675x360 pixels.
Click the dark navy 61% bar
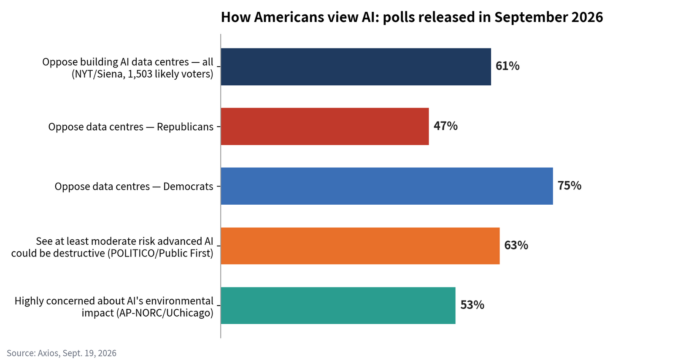point(356,67)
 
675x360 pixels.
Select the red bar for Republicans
point(325,126)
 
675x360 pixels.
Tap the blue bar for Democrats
point(387,186)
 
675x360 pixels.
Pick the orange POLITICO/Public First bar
point(360,246)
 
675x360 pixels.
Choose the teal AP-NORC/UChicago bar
point(338,306)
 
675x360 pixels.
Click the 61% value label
point(508,66)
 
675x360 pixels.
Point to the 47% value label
point(445,126)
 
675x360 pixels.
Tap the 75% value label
point(570,185)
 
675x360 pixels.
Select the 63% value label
point(516,245)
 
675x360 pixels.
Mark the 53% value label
point(472,305)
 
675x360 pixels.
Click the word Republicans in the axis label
point(185,127)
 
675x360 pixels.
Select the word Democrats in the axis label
point(188,187)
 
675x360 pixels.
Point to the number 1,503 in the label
point(140,74)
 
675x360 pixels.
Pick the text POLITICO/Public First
point(161,253)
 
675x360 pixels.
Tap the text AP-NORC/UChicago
point(165,313)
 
